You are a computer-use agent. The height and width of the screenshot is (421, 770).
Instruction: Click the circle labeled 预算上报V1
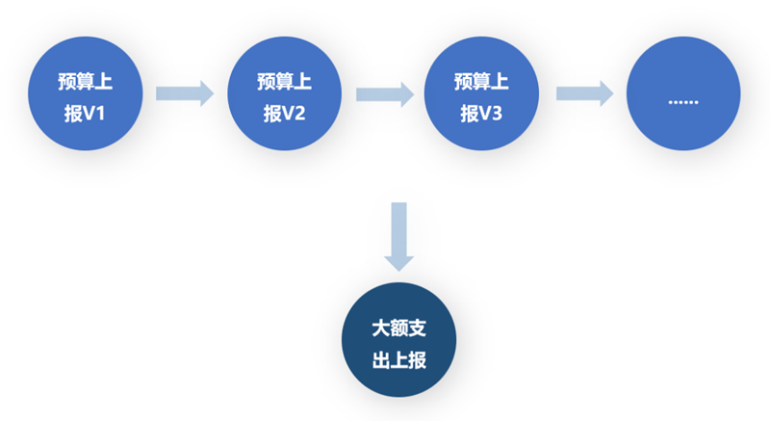pos(86,93)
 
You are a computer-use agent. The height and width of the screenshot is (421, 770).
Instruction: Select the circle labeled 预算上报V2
pos(285,93)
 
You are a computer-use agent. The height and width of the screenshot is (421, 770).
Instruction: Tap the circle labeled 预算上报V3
pos(482,93)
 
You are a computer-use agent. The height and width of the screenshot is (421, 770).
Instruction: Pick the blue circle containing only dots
pos(683,93)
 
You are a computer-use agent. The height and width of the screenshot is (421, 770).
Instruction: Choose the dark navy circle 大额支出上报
pos(398,340)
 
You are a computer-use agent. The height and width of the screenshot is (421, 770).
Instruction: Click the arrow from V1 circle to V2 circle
pos(185,93)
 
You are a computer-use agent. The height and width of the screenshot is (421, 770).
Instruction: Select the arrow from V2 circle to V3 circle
pos(385,93)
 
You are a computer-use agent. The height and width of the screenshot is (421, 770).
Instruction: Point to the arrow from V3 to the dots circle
pos(585,93)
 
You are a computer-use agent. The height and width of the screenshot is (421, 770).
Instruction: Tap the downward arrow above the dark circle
pos(398,237)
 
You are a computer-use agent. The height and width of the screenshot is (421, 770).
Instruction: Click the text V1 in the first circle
pos(94,114)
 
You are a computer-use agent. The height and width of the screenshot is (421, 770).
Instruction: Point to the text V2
pos(294,114)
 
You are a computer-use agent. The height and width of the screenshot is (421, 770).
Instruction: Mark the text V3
pos(491,114)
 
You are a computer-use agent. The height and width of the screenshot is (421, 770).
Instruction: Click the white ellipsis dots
pos(683,102)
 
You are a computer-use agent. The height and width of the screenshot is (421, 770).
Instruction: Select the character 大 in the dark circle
pos(380,329)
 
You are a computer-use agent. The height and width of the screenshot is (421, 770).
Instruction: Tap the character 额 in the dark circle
pos(398,329)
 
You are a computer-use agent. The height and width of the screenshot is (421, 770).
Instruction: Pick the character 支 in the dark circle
pos(418,329)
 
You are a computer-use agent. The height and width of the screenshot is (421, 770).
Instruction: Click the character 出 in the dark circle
pos(380,360)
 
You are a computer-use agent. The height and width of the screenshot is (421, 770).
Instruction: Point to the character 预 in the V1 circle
pos(66,82)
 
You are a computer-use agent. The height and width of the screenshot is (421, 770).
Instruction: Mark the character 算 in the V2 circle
pos(285,82)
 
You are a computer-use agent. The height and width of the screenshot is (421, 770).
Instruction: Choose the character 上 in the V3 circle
pos(500,82)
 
